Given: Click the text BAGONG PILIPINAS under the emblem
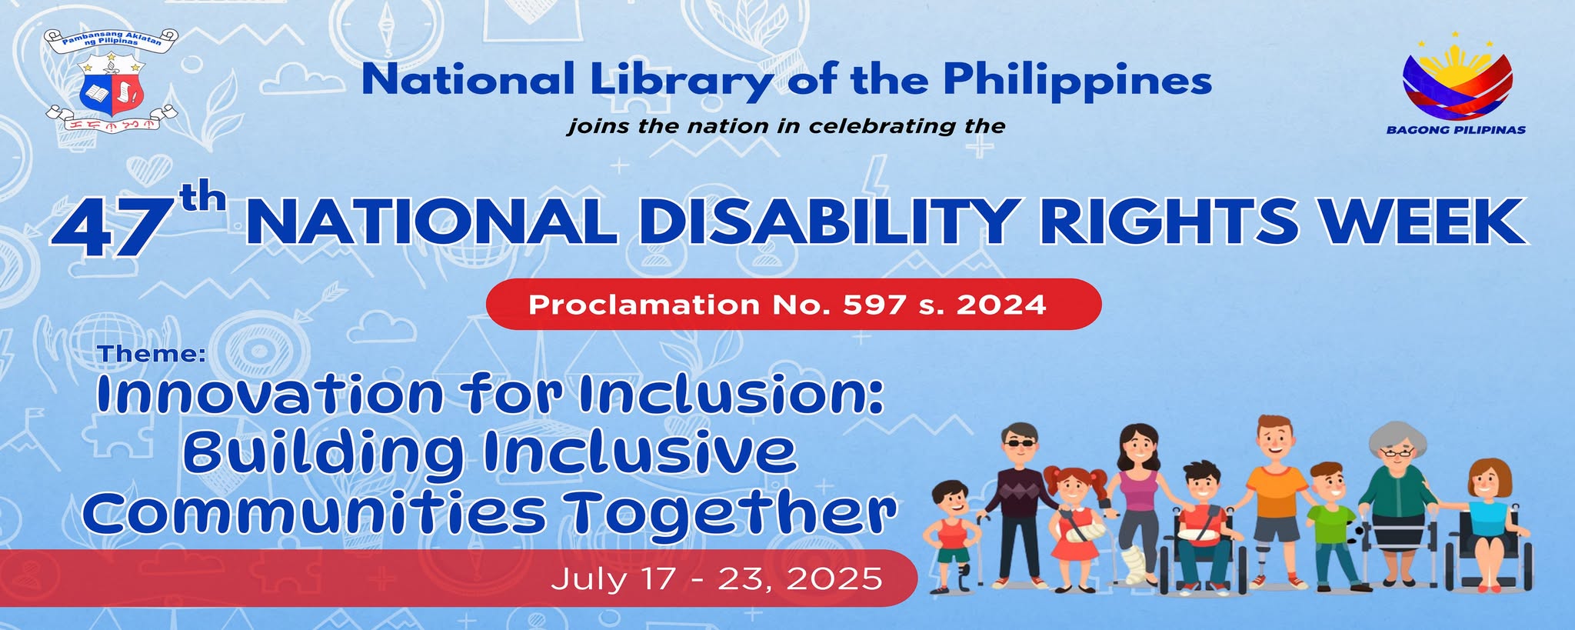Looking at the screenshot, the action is tap(1456, 130).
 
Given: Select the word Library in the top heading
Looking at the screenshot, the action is tap(682, 81).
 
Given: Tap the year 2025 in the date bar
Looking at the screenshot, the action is tap(838, 578).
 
